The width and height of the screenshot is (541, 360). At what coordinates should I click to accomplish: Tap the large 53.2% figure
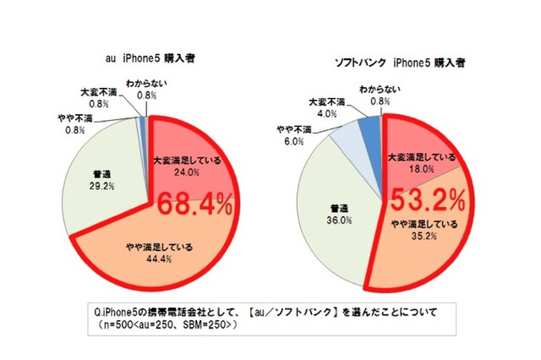427,200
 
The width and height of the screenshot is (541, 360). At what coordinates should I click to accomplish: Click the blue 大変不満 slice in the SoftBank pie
370,129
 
